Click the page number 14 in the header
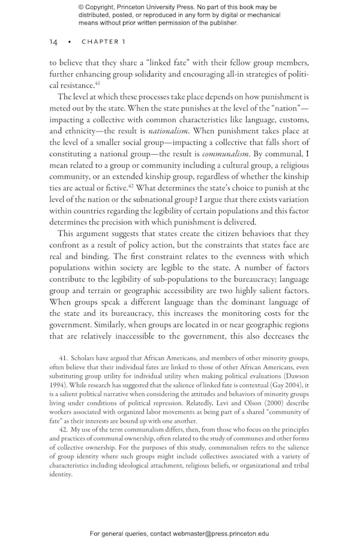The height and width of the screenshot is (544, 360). click(x=53, y=42)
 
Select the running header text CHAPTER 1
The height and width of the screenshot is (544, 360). click(x=103, y=42)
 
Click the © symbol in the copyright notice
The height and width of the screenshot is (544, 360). click(x=82, y=7)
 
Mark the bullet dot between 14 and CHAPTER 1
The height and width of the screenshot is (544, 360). click(x=70, y=42)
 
